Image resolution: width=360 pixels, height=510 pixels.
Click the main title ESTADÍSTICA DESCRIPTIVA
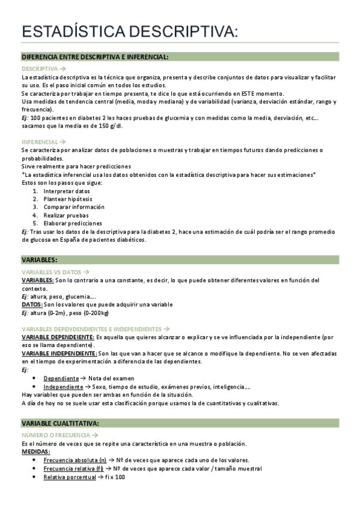[x=129, y=32]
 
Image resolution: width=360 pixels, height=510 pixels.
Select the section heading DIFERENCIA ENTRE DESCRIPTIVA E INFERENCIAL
[x=94, y=57]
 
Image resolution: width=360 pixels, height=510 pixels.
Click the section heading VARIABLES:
[x=39, y=259]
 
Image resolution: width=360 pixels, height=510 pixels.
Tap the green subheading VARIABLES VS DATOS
[x=52, y=272]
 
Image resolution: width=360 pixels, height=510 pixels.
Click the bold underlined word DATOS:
[x=32, y=304]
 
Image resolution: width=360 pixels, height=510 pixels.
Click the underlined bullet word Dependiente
[x=61, y=378]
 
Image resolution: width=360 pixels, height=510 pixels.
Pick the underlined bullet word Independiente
[x=63, y=387]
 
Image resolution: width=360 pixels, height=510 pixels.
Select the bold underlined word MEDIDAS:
[x=35, y=452]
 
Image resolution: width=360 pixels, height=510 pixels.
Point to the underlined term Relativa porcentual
[x=70, y=477]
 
